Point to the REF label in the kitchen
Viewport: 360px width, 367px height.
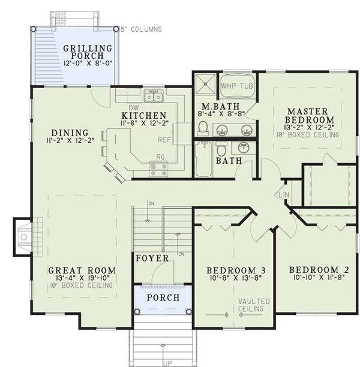point(164,139)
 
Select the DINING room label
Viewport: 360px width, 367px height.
point(70,133)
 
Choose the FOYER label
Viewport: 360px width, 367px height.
point(152,258)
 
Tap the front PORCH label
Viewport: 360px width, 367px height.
point(163,297)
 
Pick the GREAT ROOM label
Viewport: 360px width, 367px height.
point(82,270)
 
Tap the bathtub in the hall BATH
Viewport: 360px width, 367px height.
point(204,159)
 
